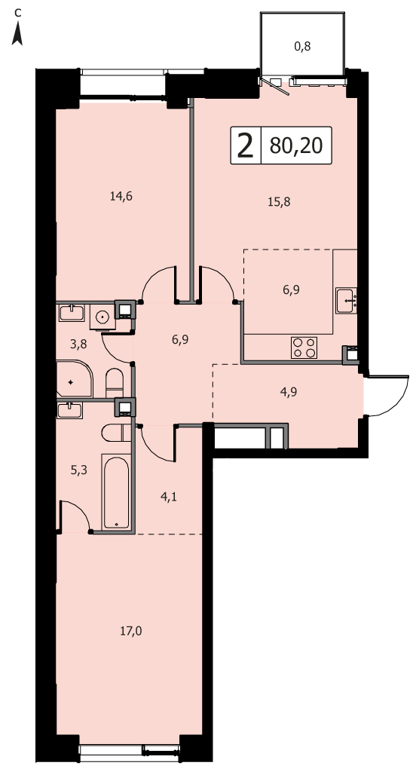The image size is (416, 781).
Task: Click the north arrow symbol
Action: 17,35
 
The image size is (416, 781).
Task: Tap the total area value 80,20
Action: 296,145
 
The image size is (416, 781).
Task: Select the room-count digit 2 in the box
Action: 245,145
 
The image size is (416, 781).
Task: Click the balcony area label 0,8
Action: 302,47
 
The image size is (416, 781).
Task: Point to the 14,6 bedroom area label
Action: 121,196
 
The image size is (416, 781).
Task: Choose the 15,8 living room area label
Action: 279,202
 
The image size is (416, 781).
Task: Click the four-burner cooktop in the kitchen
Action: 304,347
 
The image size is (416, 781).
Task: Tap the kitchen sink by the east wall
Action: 346,301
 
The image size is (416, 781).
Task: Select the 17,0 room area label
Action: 131,632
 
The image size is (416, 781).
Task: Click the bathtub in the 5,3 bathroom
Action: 116,491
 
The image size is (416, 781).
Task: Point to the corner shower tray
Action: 75,379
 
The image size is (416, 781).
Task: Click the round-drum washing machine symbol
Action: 102,317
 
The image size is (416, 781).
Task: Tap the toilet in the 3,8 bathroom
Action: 114,382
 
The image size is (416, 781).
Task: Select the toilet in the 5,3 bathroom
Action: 115,433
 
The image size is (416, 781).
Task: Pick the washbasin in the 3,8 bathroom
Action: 72,313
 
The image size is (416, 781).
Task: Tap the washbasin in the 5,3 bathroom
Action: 69,410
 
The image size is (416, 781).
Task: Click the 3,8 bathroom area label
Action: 78,344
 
